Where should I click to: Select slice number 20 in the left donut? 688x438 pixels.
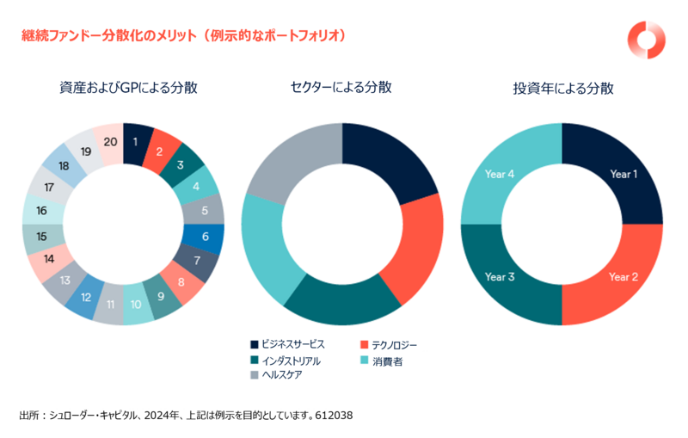tap(110, 142)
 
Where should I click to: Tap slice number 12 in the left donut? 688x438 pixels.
tap(86, 297)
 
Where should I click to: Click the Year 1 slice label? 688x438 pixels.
tap(623, 173)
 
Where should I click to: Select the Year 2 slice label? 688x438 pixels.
tap(623, 277)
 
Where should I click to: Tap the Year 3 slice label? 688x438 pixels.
tap(500, 277)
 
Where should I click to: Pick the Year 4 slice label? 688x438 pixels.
tap(500, 173)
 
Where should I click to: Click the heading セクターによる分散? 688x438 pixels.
tap(341, 88)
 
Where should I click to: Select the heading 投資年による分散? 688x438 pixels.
tap(562, 88)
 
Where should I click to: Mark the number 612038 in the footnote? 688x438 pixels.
tap(335, 415)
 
